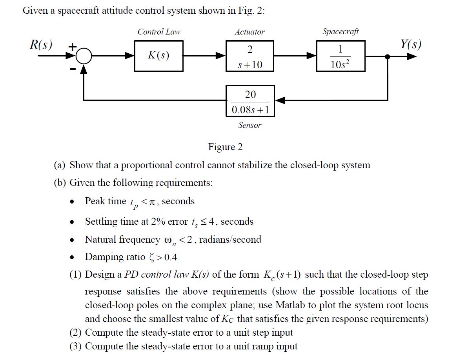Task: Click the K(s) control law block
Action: click(x=158, y=56)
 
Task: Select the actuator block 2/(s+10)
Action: click(x=250, y=56)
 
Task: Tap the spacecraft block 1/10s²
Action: click(x=341, y=56)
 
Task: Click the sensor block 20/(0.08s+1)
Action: click(x=250, y=101)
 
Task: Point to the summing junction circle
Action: click(x=83, y=57)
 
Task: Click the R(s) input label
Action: click(x=41, y=44)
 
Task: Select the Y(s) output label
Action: click(x=411, y=44)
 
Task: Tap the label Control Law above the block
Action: click(x=159, y=32)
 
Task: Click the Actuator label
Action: click(x=249, y=32)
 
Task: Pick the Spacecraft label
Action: click(x=340, y=31)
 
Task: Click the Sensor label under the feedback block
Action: click(x=250, y=125)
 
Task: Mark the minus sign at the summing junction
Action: click(x=72, y=69)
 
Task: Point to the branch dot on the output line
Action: click(x=388, y=57)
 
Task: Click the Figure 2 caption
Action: click(x=225, y=147)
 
